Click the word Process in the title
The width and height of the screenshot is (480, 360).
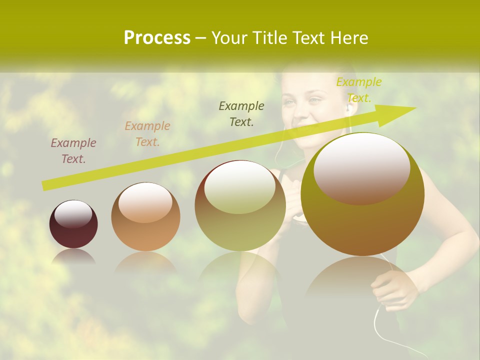pyautogui.click(x=157, y=37)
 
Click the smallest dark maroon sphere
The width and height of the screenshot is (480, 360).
pyautogui.click(x=73, y=224)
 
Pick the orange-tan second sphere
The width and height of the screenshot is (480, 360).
pyautogui.click(x=145, y=216)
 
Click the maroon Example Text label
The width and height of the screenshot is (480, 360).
pyautogui.click(x=73, y=150)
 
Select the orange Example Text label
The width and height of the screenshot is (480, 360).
pyautogui.click(x=147, y=134)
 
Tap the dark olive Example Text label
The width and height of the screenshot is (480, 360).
pyautogui.click(x=241, y=113)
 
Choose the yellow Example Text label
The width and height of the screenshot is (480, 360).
pyautogui.click(x=358, y=89)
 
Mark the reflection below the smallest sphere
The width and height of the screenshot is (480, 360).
pyautogui.click(x=73, y=257)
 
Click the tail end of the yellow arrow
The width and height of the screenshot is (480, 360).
pyautogui.click(x=45, y=186)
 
